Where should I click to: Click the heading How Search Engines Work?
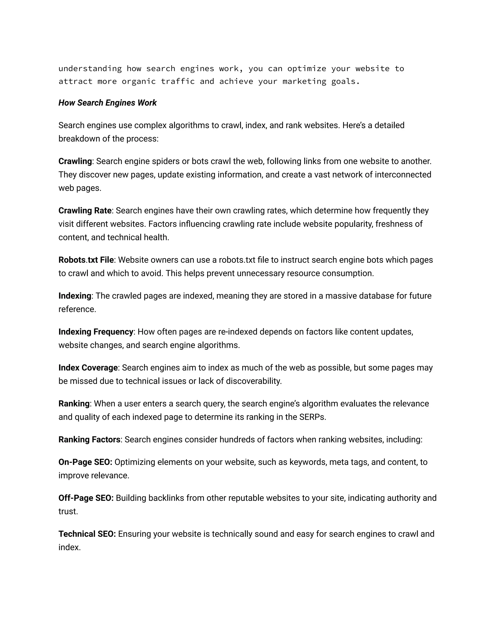pyautogui.click(x=108, y=103)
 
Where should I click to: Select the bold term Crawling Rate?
pyautogui.click(x=85, y=211)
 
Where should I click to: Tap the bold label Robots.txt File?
pyautogui.click(x=86, y=260)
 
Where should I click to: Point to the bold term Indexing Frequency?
pyautogui.click(x=96, y=332)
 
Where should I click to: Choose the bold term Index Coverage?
pyautogui.click(x=88, y=368)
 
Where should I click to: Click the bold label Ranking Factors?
pyautogui.click(x=89, y=440)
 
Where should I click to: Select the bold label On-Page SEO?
pyautogui.click(x=85, y=462)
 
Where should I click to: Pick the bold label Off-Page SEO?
pyautogui.click(x=86, y=498)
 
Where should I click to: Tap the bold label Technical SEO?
pyautogui.click(x=87, y=534)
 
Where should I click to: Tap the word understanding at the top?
pyautogui.click(x=90, y=69)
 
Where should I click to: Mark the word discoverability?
pyautogui.click(x=254, y=381)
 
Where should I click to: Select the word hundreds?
pyautogui.click(x=237, y=440)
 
